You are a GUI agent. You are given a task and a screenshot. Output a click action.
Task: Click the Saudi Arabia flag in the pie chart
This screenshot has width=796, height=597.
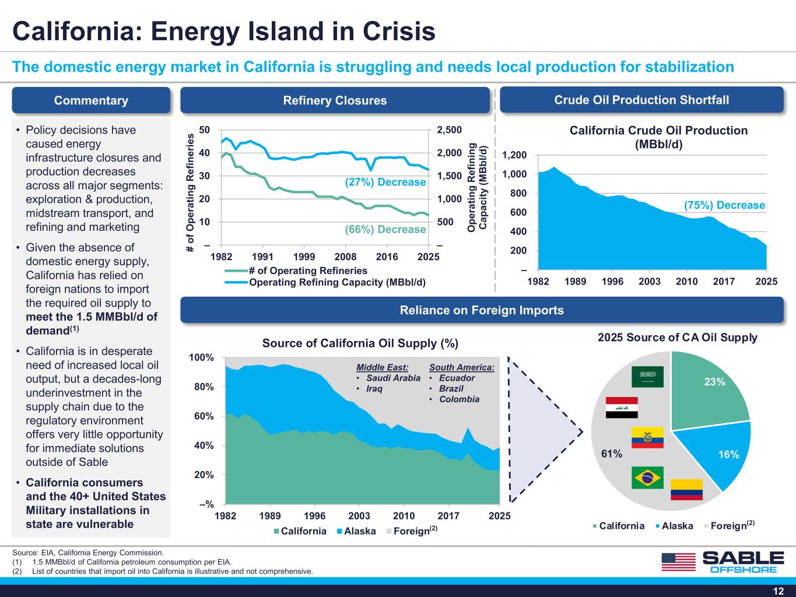(647, 377)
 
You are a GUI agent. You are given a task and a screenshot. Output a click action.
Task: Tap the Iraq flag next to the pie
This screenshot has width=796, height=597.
(622, 408)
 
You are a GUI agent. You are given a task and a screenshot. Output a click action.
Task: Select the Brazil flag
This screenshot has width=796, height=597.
(647, 477)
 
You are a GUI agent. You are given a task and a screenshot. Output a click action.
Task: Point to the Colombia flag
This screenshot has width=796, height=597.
(686, 489)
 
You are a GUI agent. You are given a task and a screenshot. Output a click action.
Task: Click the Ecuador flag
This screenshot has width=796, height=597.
(647, 437)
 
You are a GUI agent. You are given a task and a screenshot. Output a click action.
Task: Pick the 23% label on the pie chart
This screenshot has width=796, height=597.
(714, 382)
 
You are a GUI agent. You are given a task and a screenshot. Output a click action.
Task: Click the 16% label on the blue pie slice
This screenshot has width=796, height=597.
(728, 454)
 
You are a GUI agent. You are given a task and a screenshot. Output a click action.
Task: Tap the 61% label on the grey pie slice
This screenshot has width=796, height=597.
(611, 454)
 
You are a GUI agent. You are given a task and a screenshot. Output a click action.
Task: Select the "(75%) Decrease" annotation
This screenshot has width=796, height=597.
(724, 205)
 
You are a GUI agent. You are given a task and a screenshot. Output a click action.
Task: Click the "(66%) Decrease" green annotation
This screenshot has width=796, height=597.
(385, 230)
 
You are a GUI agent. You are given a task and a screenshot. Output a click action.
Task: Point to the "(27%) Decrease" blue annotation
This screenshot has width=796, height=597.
(385, 182)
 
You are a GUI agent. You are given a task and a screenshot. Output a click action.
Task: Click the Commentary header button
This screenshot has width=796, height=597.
(91, 100)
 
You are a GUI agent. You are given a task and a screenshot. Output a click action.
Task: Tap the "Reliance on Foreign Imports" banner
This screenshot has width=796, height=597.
(482, 310)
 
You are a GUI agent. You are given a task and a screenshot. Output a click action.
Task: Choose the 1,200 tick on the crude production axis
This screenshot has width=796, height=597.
(514, 155)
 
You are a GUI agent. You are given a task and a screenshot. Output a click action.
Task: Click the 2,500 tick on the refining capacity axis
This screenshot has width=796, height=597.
(449, 130)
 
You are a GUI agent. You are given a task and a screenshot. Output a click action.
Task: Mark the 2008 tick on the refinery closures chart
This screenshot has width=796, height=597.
(345, 257)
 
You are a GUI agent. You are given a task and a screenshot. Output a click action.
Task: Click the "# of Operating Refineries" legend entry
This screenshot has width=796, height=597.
(296, 271)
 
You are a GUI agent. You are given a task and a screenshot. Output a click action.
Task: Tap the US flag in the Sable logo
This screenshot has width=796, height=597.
(679, 562)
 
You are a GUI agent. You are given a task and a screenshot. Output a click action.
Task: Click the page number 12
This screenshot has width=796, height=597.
(779, 591)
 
